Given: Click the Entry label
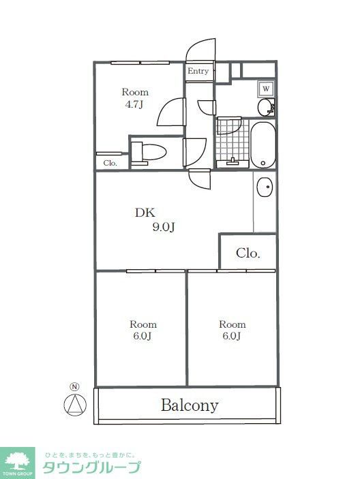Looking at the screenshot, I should click(x=198, y=71).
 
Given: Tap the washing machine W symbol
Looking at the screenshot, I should click(x=266, y=89).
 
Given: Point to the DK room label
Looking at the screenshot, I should click(x=145, y=213).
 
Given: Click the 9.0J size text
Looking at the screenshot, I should click(x=164, y=228).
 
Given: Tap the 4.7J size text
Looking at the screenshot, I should click(x=134, y=105).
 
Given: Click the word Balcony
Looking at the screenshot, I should click(x=190, y=405).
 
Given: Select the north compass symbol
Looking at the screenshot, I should click(x=76, y=403).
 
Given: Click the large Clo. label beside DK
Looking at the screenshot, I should click(x=247, y=253).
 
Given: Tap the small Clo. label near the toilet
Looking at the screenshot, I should click(x=110, y=163).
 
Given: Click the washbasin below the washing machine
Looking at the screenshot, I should click(x=265, y=108).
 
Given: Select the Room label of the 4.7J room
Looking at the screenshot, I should click(x=135, y=92).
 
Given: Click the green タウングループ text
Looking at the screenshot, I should click(x=91, y=467).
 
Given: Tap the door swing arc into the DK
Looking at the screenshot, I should click(x=200, y=179).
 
